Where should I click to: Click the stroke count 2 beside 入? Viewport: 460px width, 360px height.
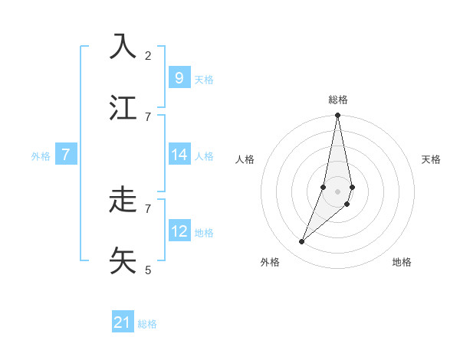[148, 55]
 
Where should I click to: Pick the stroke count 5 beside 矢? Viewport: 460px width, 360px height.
[148, 270]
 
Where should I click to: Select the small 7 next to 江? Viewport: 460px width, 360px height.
[148, 116]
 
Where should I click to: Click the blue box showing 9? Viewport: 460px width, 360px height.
[179, 77]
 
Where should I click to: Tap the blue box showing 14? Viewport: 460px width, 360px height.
[179, 155]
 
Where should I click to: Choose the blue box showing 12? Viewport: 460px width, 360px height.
[179, 231]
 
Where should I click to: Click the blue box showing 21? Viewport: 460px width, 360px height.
[123, 322]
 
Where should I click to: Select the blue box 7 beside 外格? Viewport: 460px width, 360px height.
[66, 155]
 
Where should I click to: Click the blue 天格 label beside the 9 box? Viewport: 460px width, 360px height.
[204, 79]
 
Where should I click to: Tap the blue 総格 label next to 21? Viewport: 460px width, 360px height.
[148, 324]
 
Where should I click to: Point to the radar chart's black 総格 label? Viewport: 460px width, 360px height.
[338, 100]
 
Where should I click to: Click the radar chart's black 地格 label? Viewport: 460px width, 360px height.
[402, 262]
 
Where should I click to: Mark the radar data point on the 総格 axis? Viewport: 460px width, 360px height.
[338, 116]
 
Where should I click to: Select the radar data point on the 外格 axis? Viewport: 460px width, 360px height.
[301, 242]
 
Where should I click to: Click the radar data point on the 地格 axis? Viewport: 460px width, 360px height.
[347, 204]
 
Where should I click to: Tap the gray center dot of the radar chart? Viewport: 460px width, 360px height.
[338, 191]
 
